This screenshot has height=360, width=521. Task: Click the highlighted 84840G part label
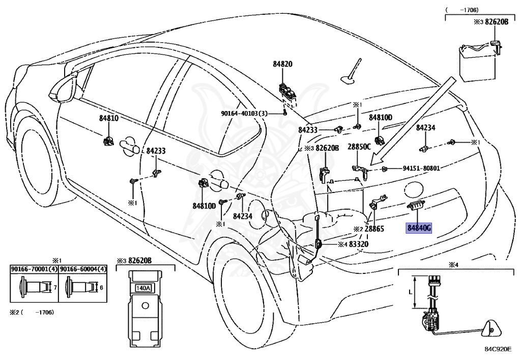[419, 228]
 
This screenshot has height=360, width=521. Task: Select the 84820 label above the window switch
[283, 64]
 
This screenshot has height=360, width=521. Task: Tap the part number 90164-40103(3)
[244, 114]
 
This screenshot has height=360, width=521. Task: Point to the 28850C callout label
[359, 147]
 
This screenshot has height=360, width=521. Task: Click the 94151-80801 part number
[421, 169]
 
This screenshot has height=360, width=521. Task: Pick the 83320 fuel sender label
[359, 244]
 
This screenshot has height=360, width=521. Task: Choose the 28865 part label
[374, 229]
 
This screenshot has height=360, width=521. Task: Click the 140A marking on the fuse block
[143, 288]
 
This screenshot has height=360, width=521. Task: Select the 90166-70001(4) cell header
[34, 269]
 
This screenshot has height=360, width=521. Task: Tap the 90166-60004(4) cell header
[83, 269]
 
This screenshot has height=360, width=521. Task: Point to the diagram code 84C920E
[498, 349]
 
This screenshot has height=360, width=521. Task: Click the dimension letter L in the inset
[411, 292]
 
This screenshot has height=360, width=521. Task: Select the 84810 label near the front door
[109, 118]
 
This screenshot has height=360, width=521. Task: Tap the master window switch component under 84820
[287, 92]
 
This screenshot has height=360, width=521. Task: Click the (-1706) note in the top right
[462, 10]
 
